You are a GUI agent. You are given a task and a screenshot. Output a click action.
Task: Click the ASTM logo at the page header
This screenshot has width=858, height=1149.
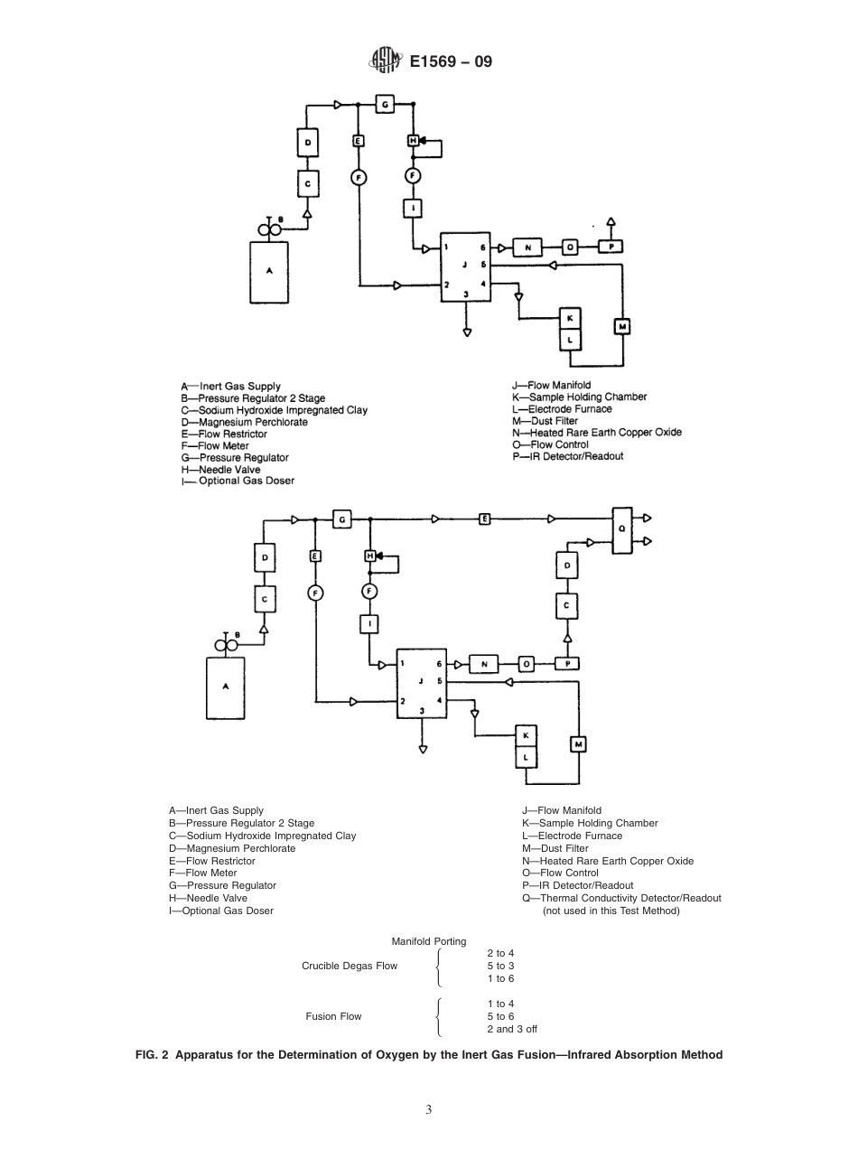pos(385,62)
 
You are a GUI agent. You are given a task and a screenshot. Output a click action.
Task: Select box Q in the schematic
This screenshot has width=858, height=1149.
pos(620,530)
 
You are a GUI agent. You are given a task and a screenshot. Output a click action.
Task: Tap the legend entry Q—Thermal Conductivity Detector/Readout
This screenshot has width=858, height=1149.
pos(621,898)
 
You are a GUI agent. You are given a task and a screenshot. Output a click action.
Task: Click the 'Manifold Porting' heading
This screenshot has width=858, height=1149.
pos(429,941)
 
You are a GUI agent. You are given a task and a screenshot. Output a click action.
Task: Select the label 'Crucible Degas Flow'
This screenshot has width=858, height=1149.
pos(349,966)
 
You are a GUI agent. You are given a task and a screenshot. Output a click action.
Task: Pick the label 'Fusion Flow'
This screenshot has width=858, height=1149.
pos(333,1016)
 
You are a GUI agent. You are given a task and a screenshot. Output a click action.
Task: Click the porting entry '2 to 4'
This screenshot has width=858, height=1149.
pos(500,953)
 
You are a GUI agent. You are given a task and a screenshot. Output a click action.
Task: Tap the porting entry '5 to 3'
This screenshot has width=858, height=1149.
pos(500,966)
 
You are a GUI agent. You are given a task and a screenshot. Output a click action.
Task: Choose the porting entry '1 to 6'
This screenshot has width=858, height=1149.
pos(500,978)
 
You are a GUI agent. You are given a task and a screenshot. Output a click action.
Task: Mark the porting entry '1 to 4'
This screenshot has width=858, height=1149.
pos(500,1004)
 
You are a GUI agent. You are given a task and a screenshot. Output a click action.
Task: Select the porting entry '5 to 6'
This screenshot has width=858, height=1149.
pos(500,1016)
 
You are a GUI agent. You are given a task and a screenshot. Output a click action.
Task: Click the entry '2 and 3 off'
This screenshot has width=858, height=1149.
pos(512,1029)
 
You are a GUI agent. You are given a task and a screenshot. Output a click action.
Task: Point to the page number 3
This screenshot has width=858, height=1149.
pos(429,1109)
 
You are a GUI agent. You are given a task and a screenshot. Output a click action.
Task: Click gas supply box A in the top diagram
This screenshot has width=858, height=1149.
pos(269,271)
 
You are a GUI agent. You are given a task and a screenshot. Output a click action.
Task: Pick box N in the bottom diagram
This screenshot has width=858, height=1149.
pos(484,664)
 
